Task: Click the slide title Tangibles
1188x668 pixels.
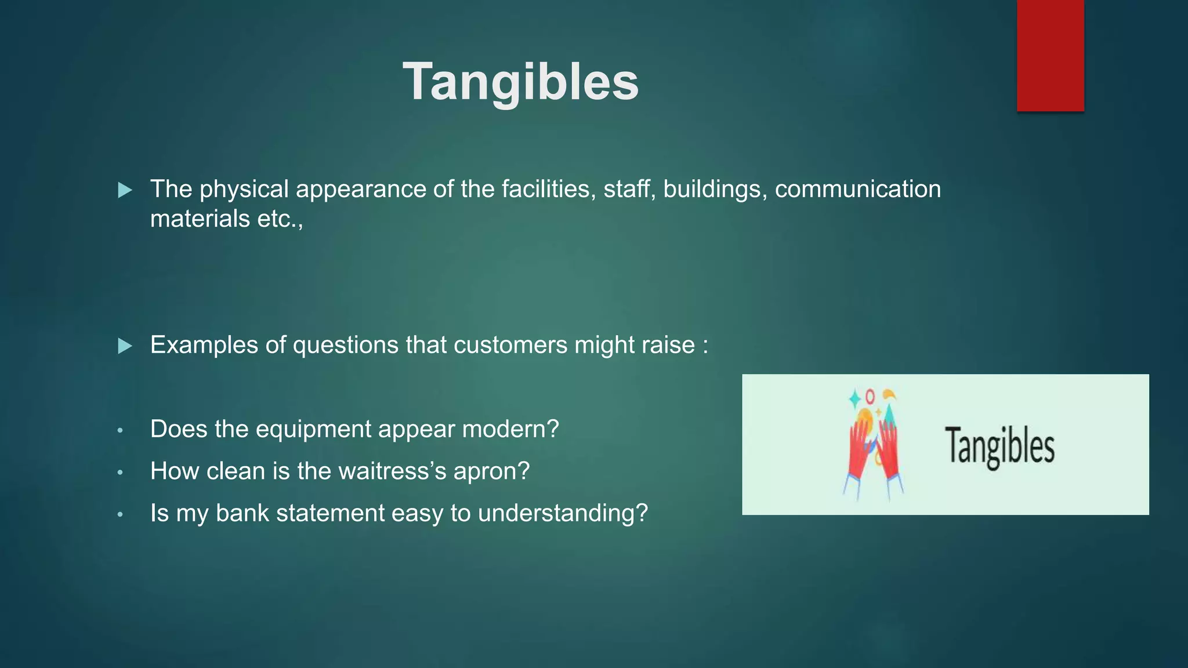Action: (520, 82)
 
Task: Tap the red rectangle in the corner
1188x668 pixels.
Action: (1050, 55)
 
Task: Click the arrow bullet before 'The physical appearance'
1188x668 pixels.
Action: (125, 190)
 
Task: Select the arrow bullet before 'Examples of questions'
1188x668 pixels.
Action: (125, 346)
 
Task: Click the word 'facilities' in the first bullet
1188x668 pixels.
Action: (548, 189)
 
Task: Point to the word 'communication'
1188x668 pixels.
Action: (857, 189)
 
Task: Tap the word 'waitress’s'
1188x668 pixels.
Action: (392, 471)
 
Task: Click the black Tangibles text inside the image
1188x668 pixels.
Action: (999, 445)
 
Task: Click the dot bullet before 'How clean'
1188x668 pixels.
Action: (120, 473)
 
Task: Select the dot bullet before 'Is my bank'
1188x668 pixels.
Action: (120, 514)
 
